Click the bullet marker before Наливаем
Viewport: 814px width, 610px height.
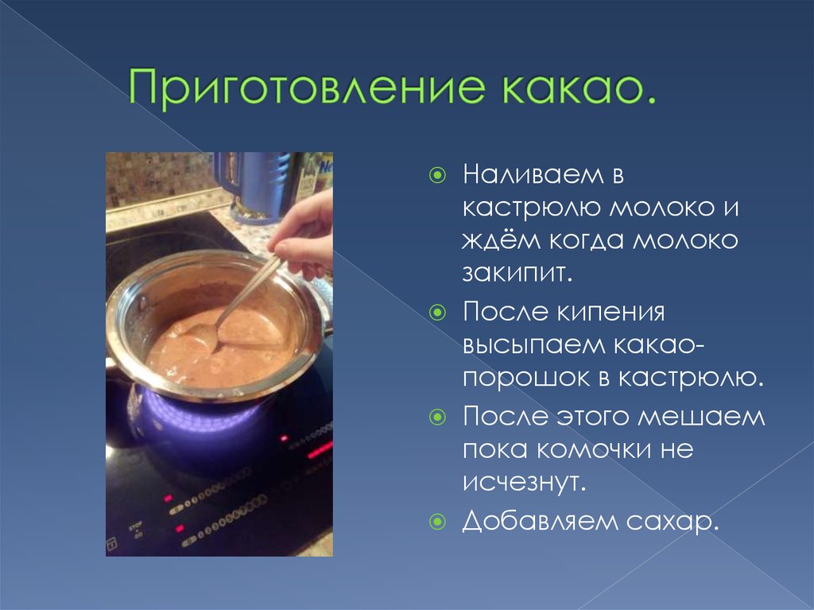(x=438, y=175)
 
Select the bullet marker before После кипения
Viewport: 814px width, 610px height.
(x=438, y=313)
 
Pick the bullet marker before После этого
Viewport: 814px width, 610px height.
(x=438, y=417)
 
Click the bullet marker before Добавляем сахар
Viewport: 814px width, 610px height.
(x=438, y=521)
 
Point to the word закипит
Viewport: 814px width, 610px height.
(x=517, y=273)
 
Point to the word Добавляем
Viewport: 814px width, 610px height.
(x=540, y=520)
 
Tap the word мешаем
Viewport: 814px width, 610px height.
(x=701, y=417)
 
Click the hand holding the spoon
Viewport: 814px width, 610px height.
(x=305, y=234)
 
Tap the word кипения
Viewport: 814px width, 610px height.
(x=610, y=313)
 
